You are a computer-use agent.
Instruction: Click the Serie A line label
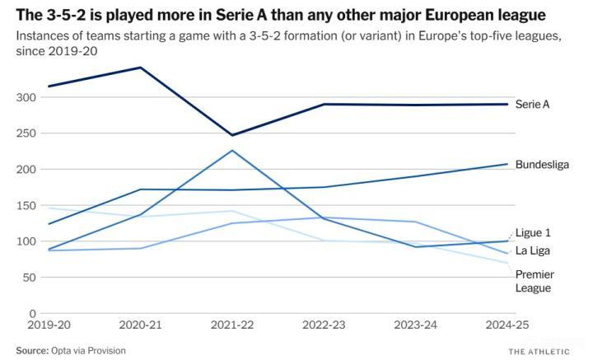(x=532, y=105)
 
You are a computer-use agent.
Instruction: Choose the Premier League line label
(x=535, y=281)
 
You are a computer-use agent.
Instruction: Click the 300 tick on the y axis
(x=27, y=97)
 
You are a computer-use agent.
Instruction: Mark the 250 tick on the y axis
(x=27, y=133)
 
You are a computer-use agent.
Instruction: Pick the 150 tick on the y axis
(x=27, y=206)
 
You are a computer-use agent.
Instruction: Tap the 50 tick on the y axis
(x=30, y=278)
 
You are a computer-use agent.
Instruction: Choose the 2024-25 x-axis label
(x=507, y=326)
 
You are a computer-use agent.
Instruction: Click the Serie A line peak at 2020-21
(x=141, y=68)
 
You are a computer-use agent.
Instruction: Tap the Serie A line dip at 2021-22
(x=232, y=135)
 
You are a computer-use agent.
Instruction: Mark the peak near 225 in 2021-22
(x=232, y=151)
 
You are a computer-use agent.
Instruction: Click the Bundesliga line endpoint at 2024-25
(x=507, y=164)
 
